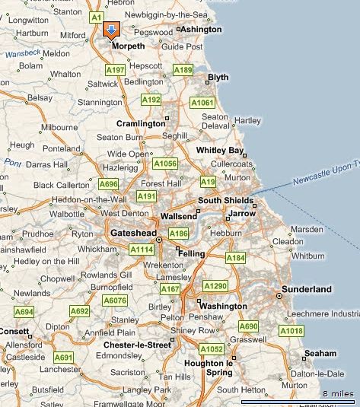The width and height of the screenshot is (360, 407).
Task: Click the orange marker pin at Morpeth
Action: (x=111, y=31)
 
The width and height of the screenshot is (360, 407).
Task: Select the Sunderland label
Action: (x=307, y=289)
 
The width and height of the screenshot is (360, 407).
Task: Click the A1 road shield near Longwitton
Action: (x=96, y=16)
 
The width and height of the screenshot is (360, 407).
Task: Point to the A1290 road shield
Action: (x=215, y=285)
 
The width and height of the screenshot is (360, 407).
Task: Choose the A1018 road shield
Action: (x=291, y=330)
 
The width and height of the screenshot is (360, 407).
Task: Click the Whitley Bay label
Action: (x=219, y=151)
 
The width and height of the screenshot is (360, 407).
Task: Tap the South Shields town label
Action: (x=225, y=201)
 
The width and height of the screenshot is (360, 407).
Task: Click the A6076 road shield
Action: (x=115, y=300)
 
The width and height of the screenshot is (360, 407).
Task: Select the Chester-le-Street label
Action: (x=137, y=345)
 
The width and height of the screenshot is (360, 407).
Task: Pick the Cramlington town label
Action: (x=140, y=123)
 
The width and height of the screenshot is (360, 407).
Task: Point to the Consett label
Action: (x=13, y=332)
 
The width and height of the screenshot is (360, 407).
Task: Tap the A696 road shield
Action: (x=108, y=183)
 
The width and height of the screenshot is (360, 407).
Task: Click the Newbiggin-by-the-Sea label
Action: (x=167, y=15)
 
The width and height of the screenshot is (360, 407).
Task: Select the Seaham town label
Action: (x=320, y=354)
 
